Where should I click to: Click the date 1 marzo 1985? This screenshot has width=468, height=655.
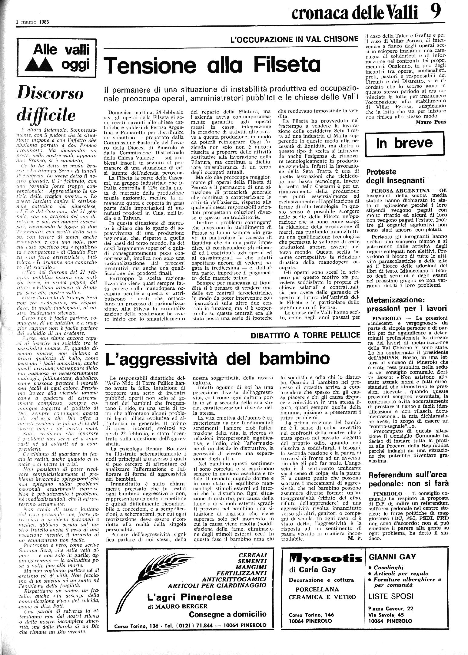[32, 22]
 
